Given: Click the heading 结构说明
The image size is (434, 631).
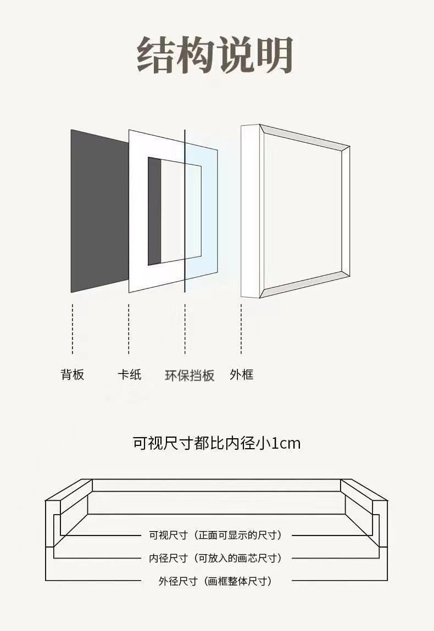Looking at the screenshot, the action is click(x=215, y=55).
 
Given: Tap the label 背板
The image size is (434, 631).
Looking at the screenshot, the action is click(x=72, y=375).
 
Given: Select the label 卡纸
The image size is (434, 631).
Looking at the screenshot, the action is click(x=129, y=375).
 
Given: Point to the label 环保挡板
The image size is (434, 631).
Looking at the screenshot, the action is click(x=190, y=376).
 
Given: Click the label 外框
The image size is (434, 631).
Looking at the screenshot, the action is click(x=241, y=375).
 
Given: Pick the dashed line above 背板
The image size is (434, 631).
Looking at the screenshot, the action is click(x=72, y=330).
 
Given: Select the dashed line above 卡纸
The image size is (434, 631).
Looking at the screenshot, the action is click(x=129, y=330).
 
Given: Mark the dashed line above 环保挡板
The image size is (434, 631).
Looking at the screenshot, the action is click(x=185, y=330).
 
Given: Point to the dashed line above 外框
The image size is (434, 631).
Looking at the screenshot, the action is click(x=241, y=330).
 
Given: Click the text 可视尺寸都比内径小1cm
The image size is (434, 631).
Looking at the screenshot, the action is click(x=216, y=443).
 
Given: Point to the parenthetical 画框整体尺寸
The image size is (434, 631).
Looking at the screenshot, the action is click(x=240, y=581).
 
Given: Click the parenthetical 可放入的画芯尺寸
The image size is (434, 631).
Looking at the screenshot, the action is click(x=240, y=558).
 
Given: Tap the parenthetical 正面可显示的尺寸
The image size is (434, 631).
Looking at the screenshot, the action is click(x=240, y=535).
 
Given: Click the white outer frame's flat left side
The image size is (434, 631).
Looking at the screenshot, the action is click(x=250, y=211).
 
